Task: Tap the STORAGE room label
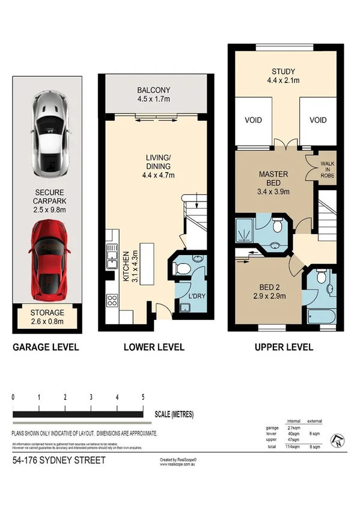47,317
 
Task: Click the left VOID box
254,120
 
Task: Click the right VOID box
318,120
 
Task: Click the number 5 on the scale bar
142,398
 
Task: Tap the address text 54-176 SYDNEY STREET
59,461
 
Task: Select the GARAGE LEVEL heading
46,347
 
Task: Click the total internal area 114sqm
293,447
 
